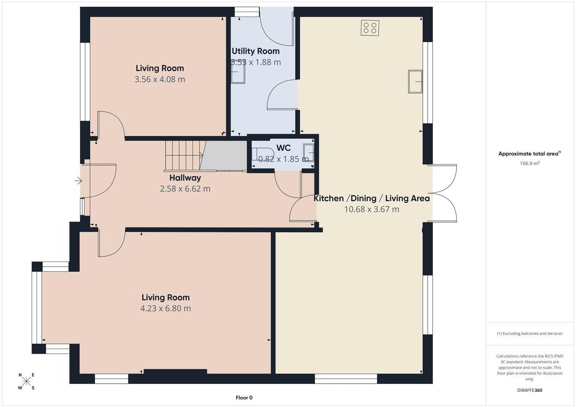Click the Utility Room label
[x=256, y=51]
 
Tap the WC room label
[x=284, y=148]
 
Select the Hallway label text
[x=185, y=178]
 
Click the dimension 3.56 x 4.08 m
[x=160, y=79]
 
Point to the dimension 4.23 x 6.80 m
[x=166, y=308]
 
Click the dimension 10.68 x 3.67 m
[x=372, y=209]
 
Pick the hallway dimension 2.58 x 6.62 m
[x=185, y=189]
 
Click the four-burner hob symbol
[x=370, y=28]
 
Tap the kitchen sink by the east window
[x=415, y=81]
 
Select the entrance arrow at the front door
[x=78, y=181]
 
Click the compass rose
[x=26, y=381]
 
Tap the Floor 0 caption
[x=244, y=398]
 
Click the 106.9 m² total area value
[x=530, y=163]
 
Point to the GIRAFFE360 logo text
[x=530, y=390]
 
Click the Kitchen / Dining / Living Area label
[x=372, y=198]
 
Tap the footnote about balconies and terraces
[x=530, y=334]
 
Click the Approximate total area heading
[x=530, y=153]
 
